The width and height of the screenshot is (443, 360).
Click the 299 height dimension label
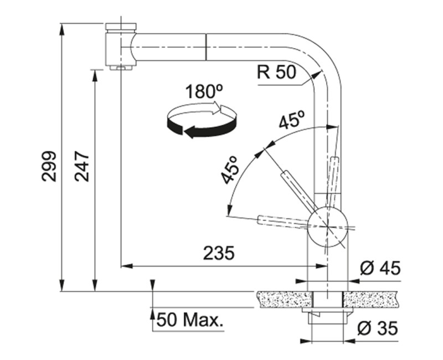[49, 166]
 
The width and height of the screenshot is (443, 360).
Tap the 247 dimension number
[82, 166]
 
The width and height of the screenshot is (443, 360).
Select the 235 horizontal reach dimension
[219, 253]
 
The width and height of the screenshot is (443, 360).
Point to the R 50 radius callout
[276, 72]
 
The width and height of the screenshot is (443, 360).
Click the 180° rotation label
[204, 91]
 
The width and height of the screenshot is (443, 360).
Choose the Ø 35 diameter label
[378, 328]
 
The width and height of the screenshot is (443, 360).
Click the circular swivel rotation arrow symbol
[202, 120]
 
